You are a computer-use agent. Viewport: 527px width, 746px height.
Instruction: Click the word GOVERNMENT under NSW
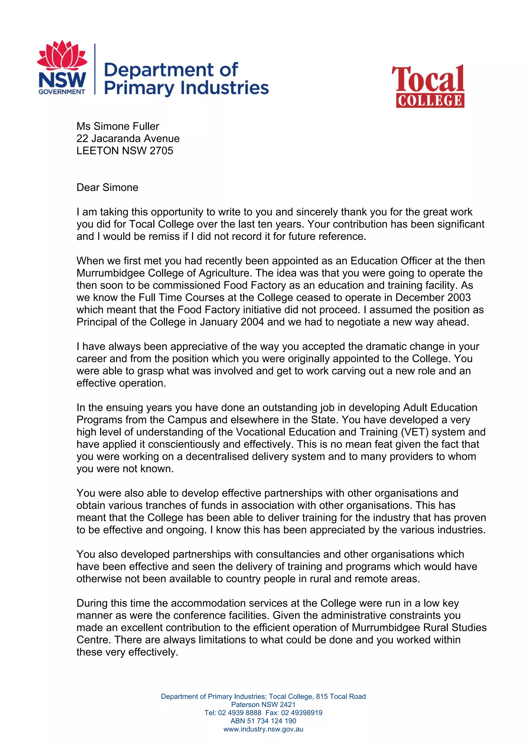(62, 92)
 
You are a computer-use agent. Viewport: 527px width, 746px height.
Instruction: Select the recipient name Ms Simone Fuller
(118, 126)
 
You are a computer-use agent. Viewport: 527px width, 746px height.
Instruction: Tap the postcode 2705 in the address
(161, 151)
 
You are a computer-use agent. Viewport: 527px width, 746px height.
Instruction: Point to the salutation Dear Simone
(107, 187)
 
